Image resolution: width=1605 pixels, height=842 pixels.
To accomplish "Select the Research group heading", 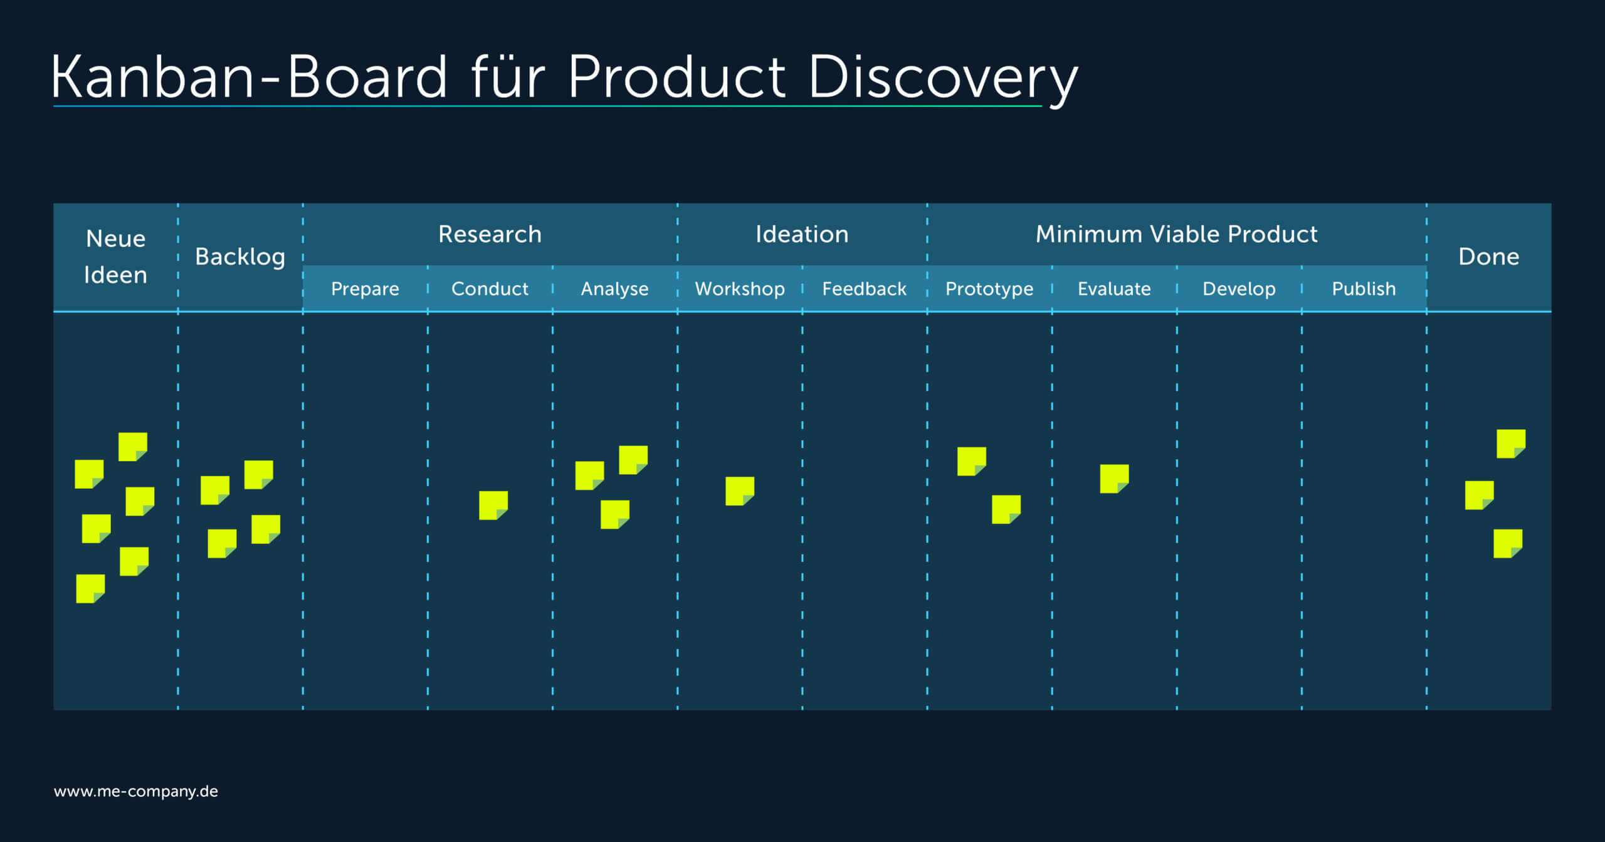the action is pyautogui.click(x=490, y=234).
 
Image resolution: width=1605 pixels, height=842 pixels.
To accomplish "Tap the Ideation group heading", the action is pyautogui.click(x=802, y=234).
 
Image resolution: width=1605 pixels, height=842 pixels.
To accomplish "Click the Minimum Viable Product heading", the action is pyautogui.click(x=1176, y=234).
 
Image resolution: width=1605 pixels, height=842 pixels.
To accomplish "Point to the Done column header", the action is pyautogui.click(x=1488, y=257).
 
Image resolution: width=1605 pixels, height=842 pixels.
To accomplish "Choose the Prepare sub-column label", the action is pyautogui.click(x=365, y=289).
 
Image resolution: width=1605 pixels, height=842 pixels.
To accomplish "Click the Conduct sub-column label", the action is pyautogui.click(x=490, y=288).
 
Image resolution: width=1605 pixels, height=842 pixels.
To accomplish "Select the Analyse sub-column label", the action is pyautogui.click(x=614, y=289).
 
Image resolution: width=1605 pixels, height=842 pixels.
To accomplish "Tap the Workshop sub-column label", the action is pyautogui.click(x=740, y=289).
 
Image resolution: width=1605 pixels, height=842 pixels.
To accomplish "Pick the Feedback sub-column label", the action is pyautogui.click(x=864, y=288).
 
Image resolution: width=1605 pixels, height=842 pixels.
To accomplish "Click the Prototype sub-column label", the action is pyautogui.click(x=989, y=289).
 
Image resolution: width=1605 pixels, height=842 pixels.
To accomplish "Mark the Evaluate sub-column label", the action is pyautogui.click(x=1114, y=288).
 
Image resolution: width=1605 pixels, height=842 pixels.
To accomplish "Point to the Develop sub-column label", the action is pyautogui.click(x=1239, y=289).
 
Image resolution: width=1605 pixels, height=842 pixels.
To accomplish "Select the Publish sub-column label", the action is pyautogui.click(x=1364, y=288).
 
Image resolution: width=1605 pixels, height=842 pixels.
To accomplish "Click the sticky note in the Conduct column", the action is pyautogui.click(x=493, y=506).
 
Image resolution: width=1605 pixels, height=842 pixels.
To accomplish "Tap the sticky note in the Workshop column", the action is pyautogui.click(x=740, y=491).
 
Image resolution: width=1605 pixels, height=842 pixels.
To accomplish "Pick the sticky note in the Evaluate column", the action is pyautogui.click(x=1114, y=479).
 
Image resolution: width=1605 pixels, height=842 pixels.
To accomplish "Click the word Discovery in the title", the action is pyautogui.click(x=943, y=78).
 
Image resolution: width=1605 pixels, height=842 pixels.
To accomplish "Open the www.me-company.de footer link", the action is pyautogui.click(x=136, y=791).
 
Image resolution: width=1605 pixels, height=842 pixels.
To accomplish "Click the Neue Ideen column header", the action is pyautogui.click(x=115, y=257).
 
